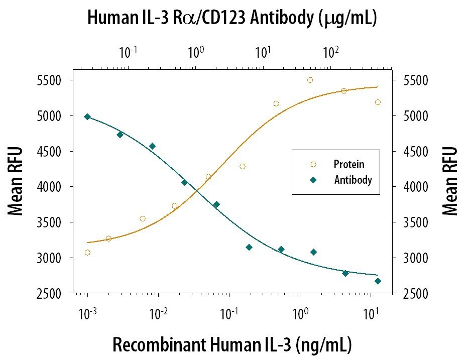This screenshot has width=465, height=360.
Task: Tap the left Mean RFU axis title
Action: (x=17, y=181)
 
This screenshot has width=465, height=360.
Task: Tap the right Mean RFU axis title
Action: (x=450, y=181)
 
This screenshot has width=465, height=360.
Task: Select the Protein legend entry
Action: (x=348, y=164)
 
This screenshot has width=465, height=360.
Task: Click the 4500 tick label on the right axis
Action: (x=409, y=152)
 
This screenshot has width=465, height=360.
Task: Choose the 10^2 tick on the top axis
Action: (x=330, y=51)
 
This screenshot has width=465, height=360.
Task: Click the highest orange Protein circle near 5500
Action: (x=310, y=80)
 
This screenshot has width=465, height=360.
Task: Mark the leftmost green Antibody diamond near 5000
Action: (x=87, y=116)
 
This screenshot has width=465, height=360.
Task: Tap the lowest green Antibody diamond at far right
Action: (x=378, y=281)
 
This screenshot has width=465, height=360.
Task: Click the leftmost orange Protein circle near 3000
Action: (x=87, y=253)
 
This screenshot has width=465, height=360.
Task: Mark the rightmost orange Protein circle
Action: (x=378, y=102)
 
